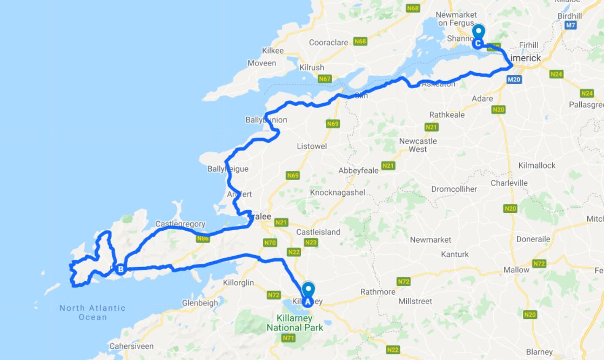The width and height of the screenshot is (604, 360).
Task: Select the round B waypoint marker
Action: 120,269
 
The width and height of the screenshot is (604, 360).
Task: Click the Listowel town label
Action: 312,146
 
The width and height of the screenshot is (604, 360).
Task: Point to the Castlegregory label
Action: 180,223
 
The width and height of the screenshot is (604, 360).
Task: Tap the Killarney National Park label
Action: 295,323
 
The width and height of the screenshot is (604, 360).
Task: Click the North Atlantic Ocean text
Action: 92,312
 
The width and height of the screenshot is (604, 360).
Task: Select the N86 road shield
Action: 203,238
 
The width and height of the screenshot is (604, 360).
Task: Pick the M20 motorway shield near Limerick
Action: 514,79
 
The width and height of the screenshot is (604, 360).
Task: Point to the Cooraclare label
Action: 330,42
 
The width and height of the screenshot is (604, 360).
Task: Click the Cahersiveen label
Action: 131,346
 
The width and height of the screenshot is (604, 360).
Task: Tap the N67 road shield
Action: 325,79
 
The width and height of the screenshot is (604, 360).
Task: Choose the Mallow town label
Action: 516,270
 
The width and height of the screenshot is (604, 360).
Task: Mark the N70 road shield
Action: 271,243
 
